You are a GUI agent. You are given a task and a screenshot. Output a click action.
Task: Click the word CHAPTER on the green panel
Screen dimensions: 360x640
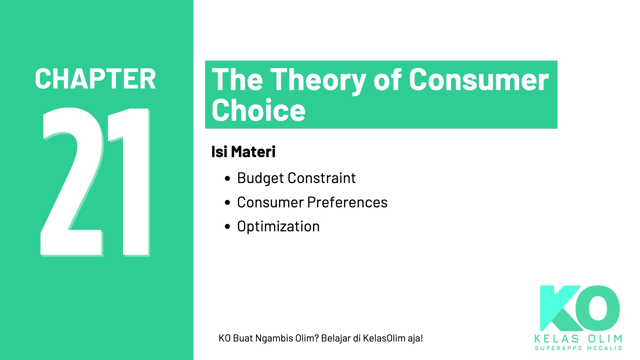point(95,79)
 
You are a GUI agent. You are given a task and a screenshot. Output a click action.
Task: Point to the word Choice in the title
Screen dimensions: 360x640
point(258,110)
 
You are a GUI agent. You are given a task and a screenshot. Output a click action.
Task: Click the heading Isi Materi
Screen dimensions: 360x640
point(243,152)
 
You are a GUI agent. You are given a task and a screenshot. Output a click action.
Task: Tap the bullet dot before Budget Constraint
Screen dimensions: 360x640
point(227,179)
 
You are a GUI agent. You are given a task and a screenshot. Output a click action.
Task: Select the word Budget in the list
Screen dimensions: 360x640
point(260,179)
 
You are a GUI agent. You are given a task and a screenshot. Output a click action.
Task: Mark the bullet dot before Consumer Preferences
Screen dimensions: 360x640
point(227,203)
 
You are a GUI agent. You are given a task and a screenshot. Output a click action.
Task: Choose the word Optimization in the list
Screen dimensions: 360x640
point(278,226)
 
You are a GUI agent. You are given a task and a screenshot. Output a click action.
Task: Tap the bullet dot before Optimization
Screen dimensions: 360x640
point(227,226)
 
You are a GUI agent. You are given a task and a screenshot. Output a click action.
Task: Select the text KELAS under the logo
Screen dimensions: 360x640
point(556,339)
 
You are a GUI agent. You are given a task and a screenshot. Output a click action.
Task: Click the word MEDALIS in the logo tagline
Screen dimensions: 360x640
point(604,348)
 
